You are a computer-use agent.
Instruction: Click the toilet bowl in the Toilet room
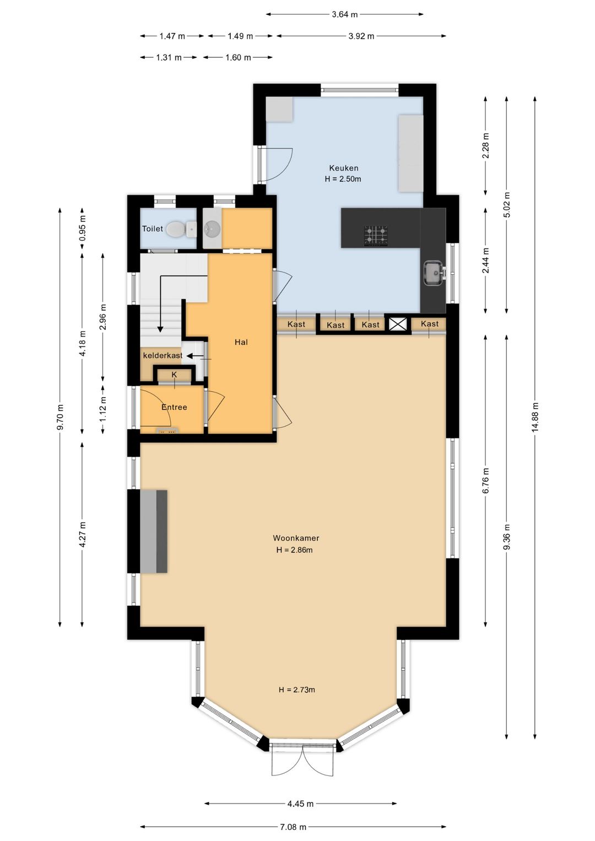pyautogui.click(x=177, y=229)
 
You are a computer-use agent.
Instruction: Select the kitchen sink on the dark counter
pyautogui.click(x=434, y=273)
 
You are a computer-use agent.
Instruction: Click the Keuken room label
pyautogui.click(x=344, y=168)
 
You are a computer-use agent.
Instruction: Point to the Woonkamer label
pyautogui.click(x=296, y=538)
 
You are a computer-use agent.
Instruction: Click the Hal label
pyautogui.click(x=241, y=342)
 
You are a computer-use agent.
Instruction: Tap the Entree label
pyautogui.click(x=174, y=407)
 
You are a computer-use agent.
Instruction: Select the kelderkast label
pyautogui.click(x=163, y=355)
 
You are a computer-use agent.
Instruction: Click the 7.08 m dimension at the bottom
pyautogui.click(x=293, y=827)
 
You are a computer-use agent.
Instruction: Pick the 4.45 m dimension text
pyautogui.click(x=300, y=804)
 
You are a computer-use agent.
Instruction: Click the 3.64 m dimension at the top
pyautogui.click(x=345, y=14)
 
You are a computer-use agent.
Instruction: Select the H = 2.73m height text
pyautogui.click(x=297, y=690)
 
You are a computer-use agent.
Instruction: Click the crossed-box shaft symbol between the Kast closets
pyautogui.click(x=397, y=324)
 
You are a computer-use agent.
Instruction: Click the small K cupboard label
pyautogui.click(x=174, y=375)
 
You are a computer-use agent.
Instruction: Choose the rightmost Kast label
pyautogui.click(x=430, y=324)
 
